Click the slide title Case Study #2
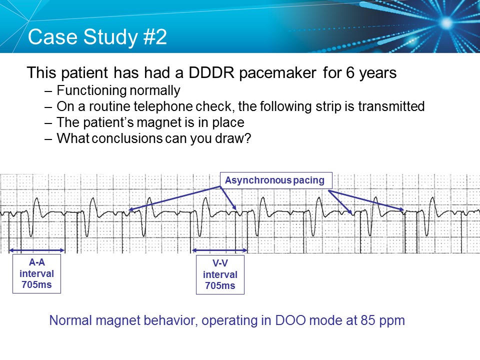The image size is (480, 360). [97, 37]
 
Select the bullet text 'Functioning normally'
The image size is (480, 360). [118, 91]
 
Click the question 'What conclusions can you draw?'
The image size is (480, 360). [153, 138]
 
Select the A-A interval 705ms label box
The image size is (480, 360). [36, 274]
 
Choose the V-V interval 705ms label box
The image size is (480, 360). [220, 274]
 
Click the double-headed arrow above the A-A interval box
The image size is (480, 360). [37, 250]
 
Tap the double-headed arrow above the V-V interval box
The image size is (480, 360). [220, 250]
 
